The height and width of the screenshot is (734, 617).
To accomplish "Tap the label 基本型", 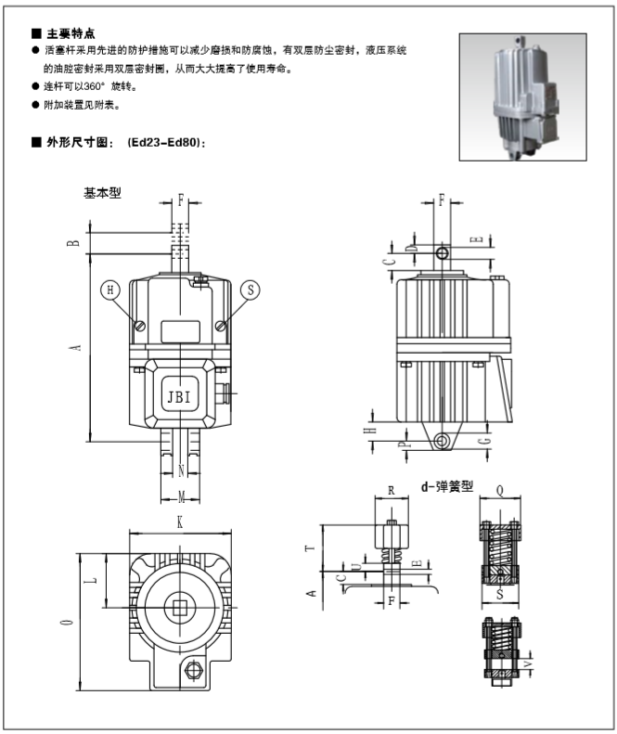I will coord(103,193).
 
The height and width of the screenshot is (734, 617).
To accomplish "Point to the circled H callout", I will coord(111,290).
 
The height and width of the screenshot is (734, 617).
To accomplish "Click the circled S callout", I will coord(250,290).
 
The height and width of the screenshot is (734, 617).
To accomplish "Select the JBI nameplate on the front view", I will coord(180,396).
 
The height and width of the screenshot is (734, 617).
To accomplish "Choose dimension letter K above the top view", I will coord(180,523).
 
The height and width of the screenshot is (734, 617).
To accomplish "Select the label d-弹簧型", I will coord(447,484).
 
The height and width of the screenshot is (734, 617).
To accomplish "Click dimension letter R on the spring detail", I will coord(392,488).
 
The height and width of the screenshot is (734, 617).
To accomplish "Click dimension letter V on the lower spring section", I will coord(528,663).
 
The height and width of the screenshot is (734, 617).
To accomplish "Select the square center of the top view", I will coord(179,608).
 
